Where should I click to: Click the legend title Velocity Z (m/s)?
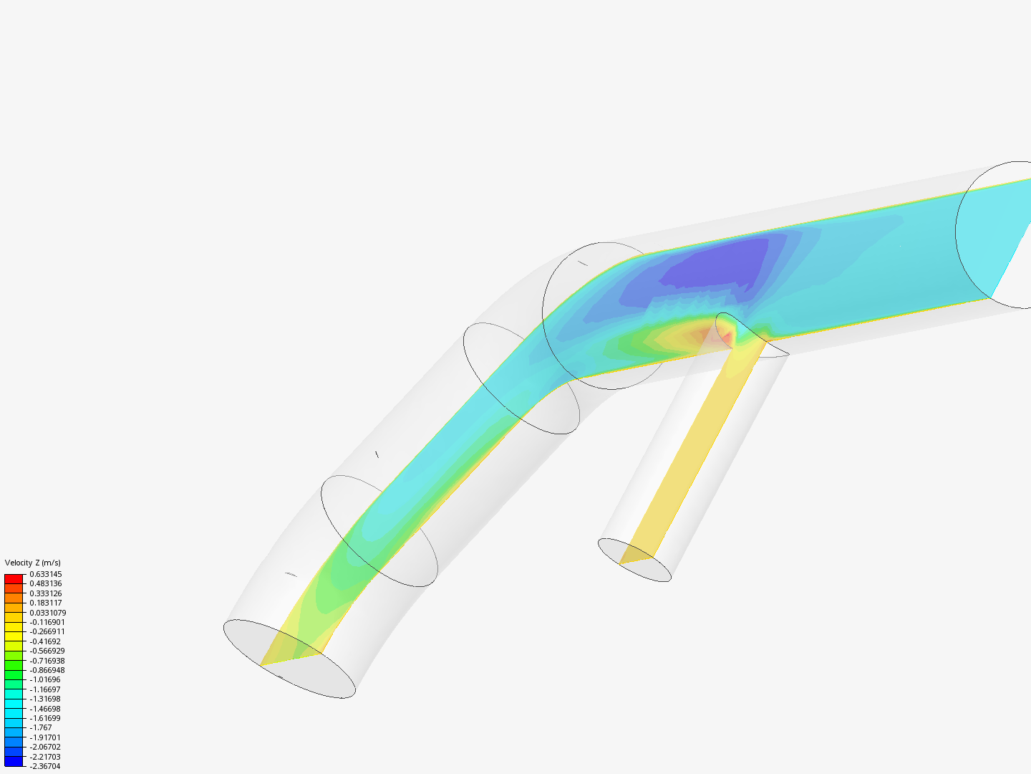point(32,563)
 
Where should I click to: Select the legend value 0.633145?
point(46,574)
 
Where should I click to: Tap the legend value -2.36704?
point(45,766)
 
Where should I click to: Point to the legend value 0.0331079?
point(48,612)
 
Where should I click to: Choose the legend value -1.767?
point(41,727)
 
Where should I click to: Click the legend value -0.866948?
point(47,670)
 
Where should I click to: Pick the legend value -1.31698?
point(45,699)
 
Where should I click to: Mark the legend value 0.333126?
point(46,593)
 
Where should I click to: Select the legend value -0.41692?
point(45,641)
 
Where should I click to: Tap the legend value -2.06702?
point(45,747)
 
